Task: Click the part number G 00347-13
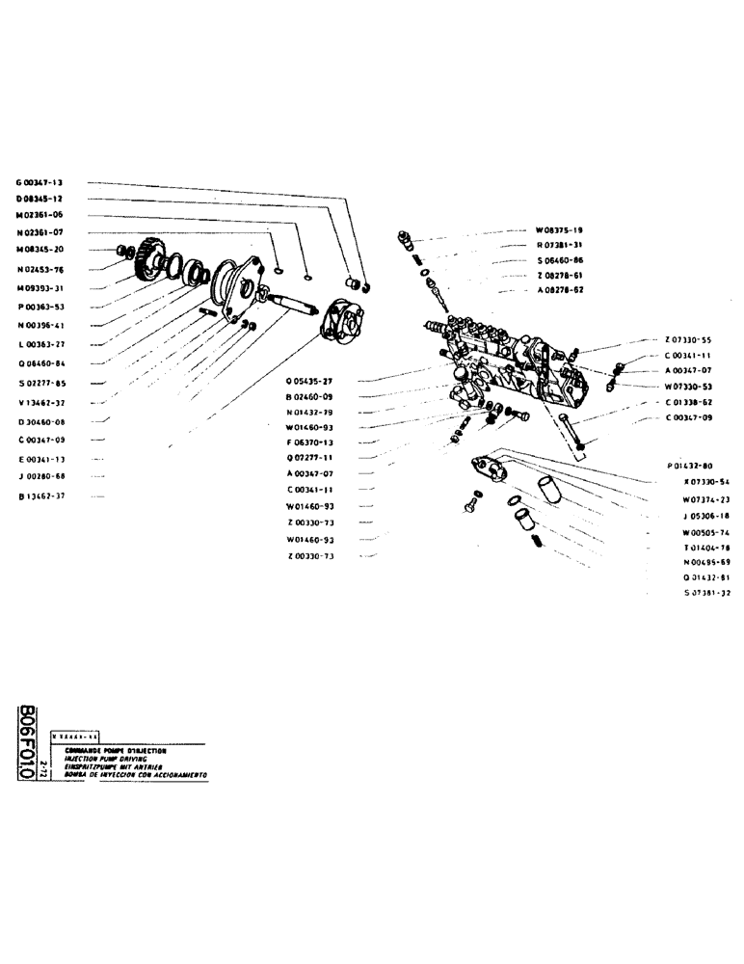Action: click(x=40, y=181)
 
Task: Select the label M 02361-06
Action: click(x=40, y=214)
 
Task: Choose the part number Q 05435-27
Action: click(x=309, y=381)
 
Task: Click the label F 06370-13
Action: click(x=309, y=442)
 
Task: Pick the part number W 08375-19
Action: click(x=560, y=230)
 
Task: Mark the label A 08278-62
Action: click(x=560, y=290)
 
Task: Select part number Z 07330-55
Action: click(x=688, y=340)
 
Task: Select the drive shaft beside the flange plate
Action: click(x=293, y=307)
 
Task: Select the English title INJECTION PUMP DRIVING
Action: click(x=115, y=759)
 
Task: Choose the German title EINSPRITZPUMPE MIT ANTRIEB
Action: click(x=121, y=766)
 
